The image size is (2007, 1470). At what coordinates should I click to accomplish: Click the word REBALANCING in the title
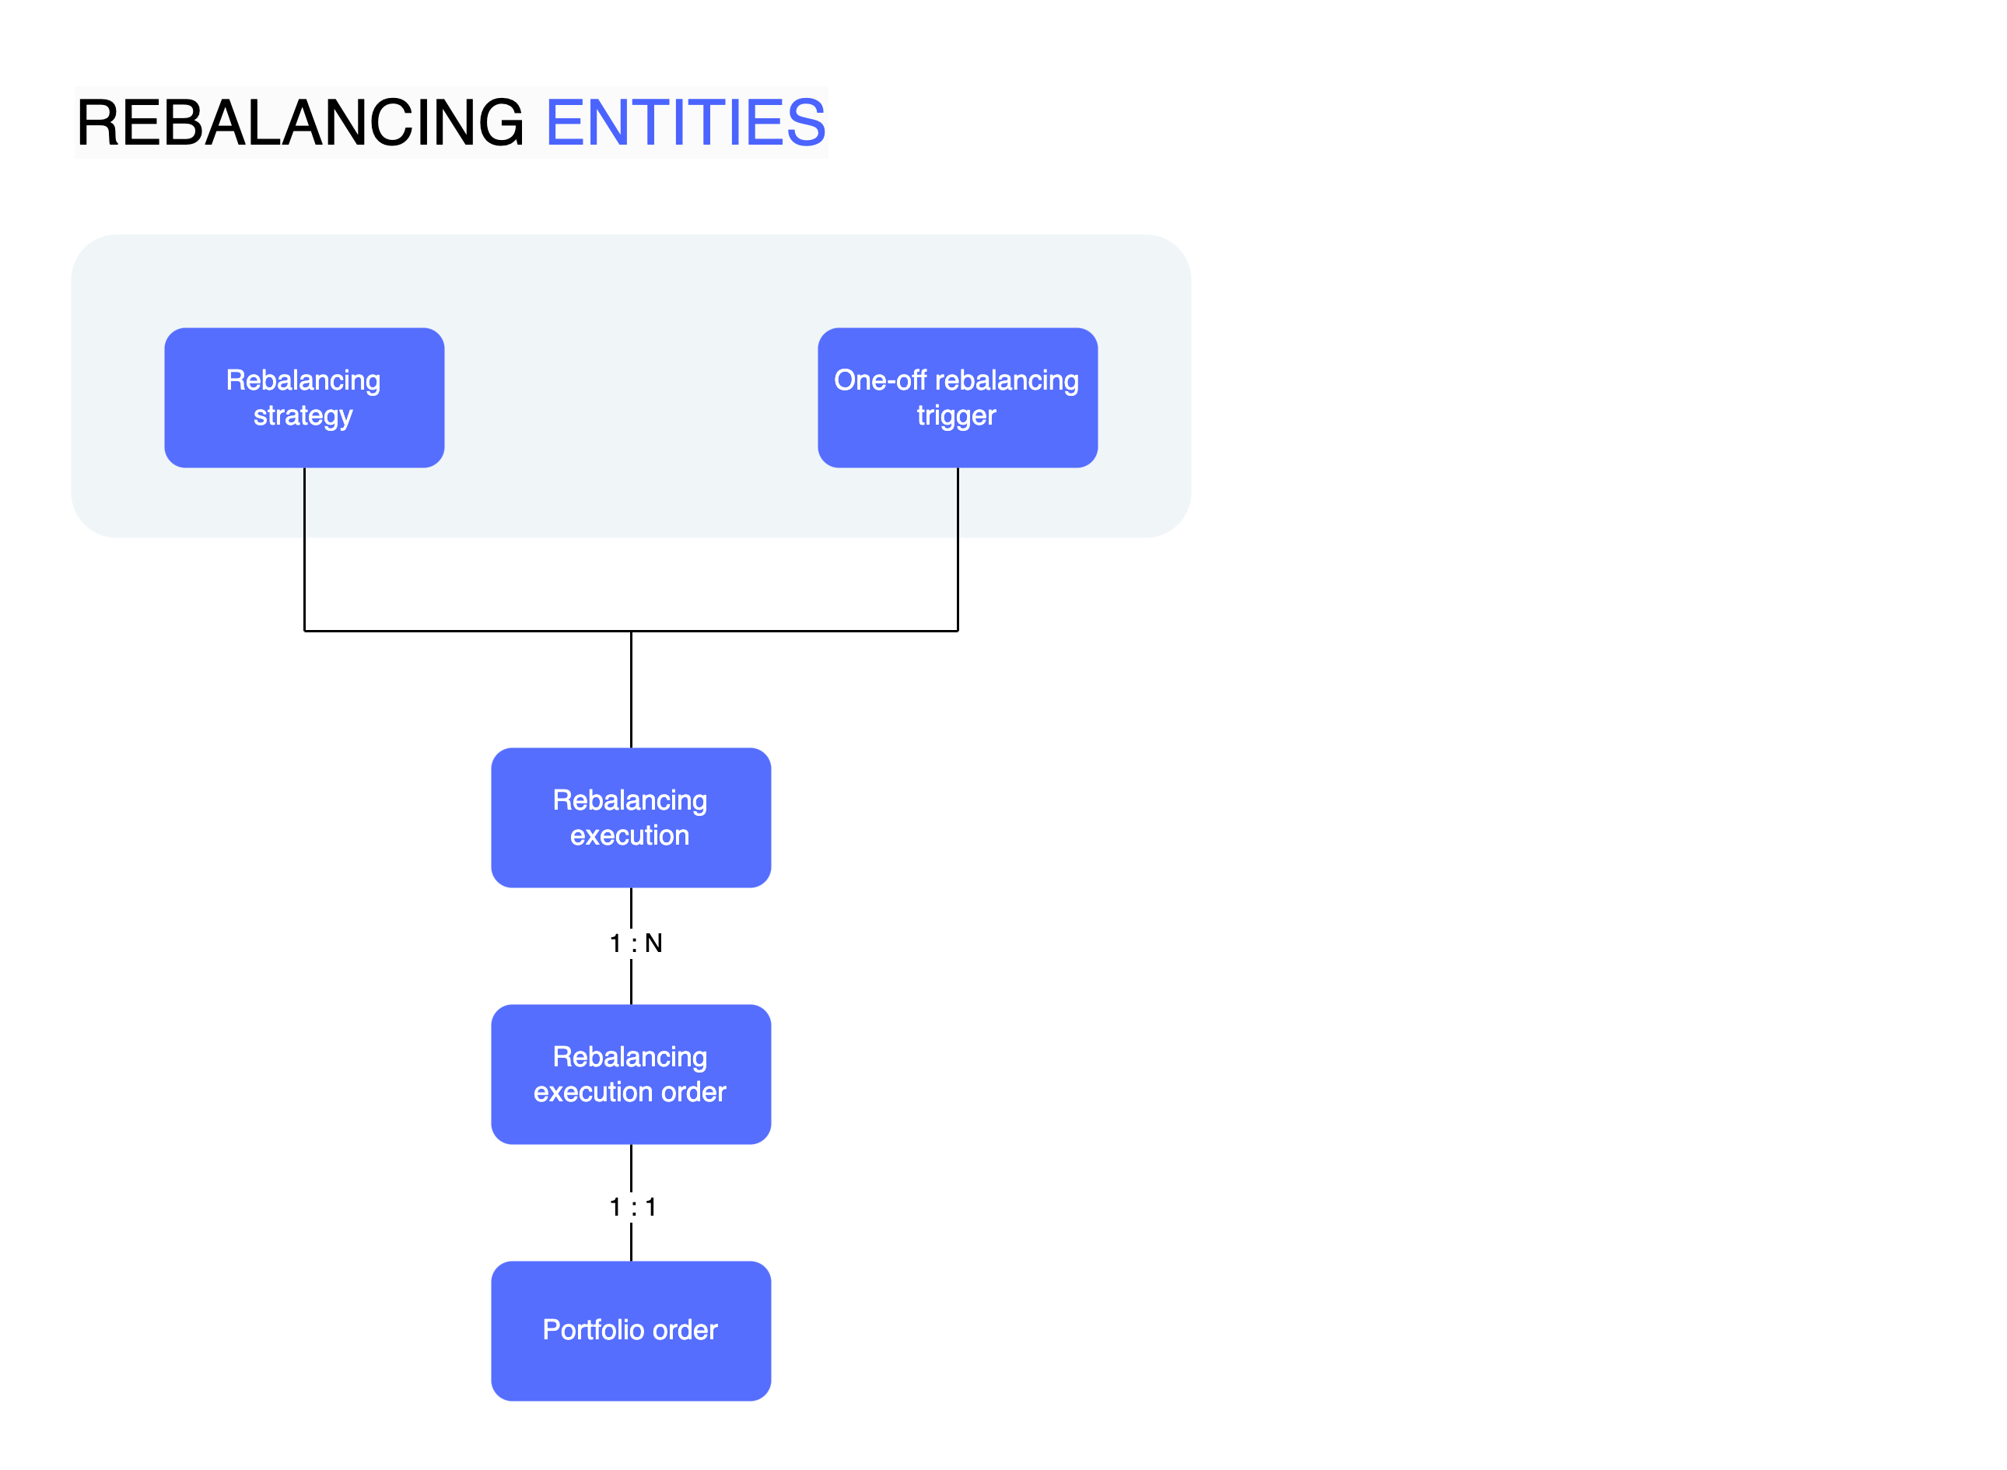(300, 123)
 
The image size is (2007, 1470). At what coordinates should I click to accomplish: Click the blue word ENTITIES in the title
(685, 123)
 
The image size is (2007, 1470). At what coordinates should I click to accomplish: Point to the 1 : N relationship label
(636, 943)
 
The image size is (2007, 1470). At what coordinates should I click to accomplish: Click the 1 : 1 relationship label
(632, 1207)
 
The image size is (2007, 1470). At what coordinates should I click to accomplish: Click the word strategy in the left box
(303, 416)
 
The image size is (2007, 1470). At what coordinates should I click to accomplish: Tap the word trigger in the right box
(957, 416)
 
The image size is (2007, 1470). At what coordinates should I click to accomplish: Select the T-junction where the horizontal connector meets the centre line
(631, 631)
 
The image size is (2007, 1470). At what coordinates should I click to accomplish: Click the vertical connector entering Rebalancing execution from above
(631, 694)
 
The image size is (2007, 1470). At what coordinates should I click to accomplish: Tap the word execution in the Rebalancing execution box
(629, 835)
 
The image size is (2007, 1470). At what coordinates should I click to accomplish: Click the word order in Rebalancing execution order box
(693, 1092)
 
